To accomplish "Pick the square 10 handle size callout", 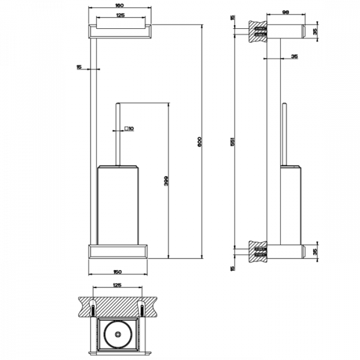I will (129, 128).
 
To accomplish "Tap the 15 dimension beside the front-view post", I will (79, 68).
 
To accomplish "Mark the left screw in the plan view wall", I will (94, 309).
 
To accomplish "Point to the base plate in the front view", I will (119, 250).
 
